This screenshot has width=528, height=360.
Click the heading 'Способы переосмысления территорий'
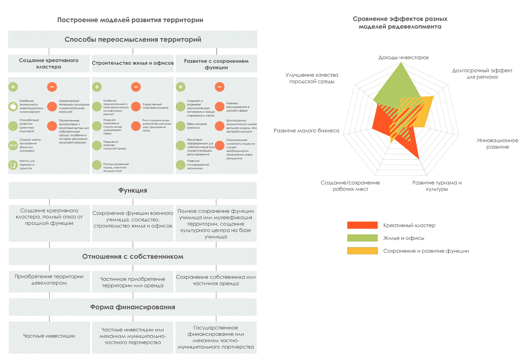[133, 39]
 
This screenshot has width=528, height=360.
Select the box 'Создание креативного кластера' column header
[49, 63]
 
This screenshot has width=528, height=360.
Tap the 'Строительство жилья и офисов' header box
[133, 63]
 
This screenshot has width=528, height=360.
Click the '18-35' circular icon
[13, 145]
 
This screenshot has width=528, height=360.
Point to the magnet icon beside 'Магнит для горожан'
[13, 165]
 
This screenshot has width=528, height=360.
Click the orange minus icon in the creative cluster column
[52, 87]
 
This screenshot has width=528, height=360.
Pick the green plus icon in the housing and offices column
[97, 87]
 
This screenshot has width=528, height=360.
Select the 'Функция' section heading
[133, 190]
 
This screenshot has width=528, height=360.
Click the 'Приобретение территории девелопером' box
[49, 280]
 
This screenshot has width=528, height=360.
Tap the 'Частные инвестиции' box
[49, 336]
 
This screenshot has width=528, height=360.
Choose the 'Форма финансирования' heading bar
[133, 307]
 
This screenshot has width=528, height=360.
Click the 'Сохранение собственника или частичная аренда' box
[216, 280]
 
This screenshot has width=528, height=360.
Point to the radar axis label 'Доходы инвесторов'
[403, 57]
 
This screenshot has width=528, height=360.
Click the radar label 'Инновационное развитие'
[498, 143]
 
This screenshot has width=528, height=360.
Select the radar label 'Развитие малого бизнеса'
[306, 130]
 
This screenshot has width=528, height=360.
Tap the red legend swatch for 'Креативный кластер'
[362, 225]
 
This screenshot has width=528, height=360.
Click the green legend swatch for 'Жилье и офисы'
[362, 238]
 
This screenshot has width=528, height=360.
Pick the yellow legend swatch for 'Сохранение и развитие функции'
[362, 251]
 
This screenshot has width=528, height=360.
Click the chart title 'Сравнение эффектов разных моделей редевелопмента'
[400, 23]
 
